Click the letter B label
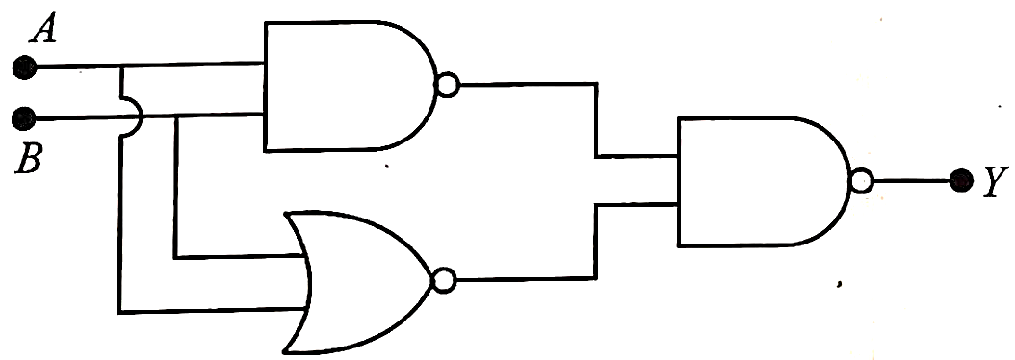(29, 159)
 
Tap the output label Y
(992, 183)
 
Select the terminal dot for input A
(25, 66)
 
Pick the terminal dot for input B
(25, 118)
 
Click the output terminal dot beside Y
(961, 181)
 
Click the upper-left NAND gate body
(350, 86)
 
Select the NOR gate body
(359, 282)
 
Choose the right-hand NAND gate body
(764, 182)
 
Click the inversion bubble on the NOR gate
(445, 281)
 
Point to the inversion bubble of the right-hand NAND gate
(862, 181)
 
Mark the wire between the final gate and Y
(911, 181)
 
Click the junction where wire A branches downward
(120, 66)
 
